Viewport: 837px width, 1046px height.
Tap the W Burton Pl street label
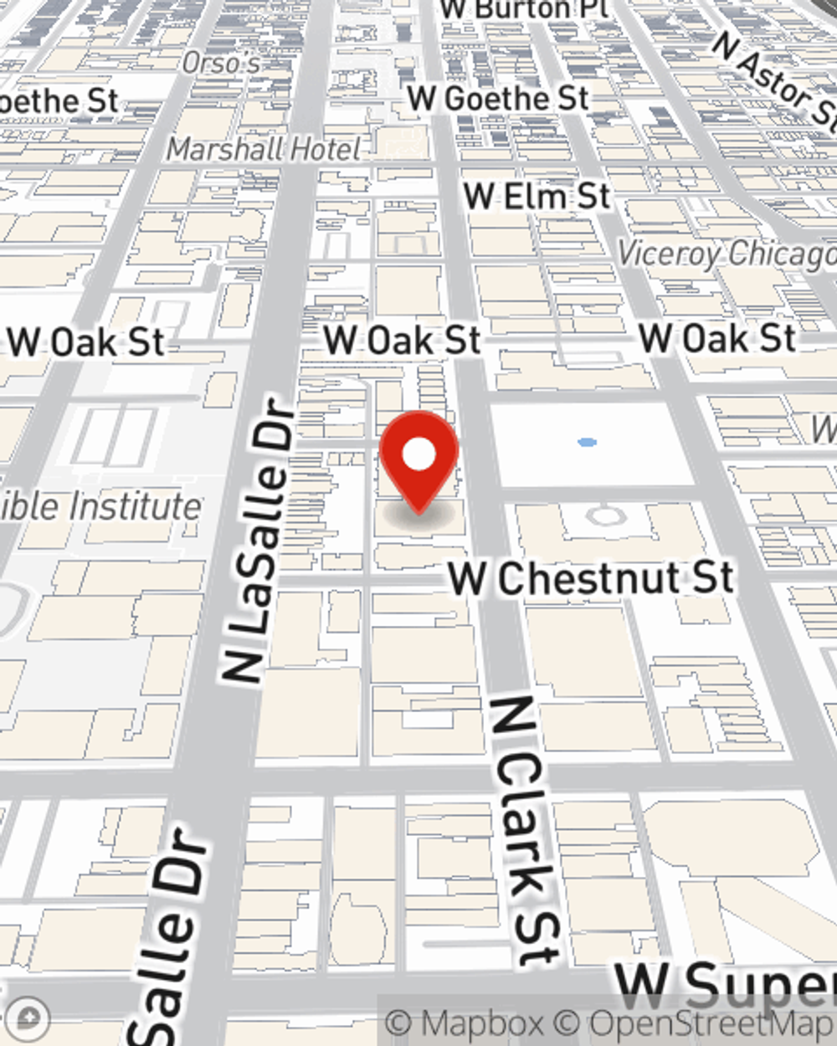point(524,9)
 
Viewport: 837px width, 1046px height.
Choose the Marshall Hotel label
point(264,150)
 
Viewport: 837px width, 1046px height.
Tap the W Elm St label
point(537,197)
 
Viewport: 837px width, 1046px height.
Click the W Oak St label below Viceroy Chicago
point(717,339)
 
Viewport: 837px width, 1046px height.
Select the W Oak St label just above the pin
point(403,341)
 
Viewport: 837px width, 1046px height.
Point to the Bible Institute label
point(100,507)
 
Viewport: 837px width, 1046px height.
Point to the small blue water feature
point(588,442)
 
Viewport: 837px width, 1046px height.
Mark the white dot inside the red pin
point(418,455)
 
